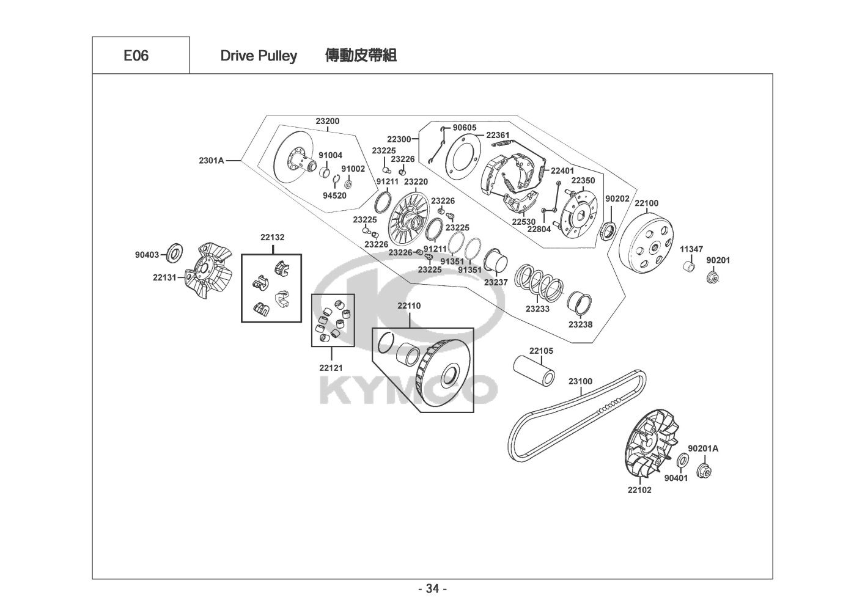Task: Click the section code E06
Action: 136,56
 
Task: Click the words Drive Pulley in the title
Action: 259,56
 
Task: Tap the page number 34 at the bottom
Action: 433,588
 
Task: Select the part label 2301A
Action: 212,160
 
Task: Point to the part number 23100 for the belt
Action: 580,381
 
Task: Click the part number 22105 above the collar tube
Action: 541,351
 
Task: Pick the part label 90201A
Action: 703,448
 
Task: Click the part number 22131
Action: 164,277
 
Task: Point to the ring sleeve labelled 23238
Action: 580,304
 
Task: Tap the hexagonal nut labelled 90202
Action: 609,231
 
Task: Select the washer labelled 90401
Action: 683,460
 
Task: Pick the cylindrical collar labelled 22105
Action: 534,370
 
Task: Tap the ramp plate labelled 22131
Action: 208,270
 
